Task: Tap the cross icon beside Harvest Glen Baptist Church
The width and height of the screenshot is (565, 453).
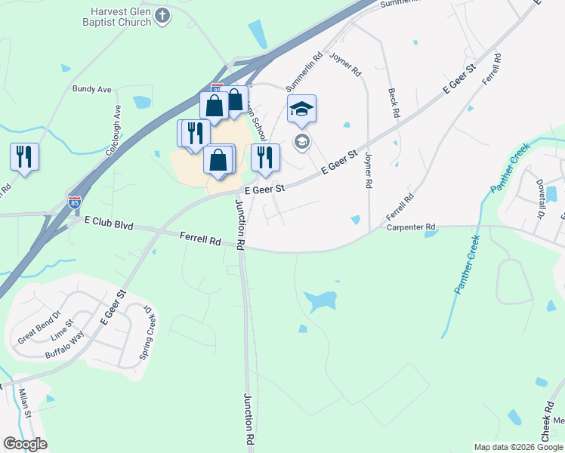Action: click(162, 15)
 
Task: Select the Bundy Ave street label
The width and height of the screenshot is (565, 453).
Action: click(92, 89)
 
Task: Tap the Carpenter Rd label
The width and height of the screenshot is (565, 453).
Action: click(411, 226)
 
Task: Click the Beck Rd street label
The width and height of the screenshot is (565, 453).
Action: click(393, 103)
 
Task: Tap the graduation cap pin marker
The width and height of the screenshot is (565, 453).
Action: click(301, 110)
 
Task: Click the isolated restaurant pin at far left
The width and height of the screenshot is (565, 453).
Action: click(24, 157)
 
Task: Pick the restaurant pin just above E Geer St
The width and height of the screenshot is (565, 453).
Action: click(264, 157)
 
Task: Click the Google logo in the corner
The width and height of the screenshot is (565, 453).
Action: click(25, 444)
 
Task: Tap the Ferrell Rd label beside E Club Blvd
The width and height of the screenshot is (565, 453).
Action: click(200, 239)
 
